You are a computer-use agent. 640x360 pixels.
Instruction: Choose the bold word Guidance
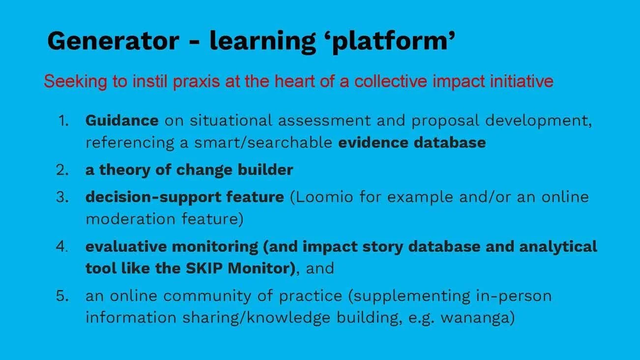pos(122,120)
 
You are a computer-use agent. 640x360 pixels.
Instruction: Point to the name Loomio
pos(324,197)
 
